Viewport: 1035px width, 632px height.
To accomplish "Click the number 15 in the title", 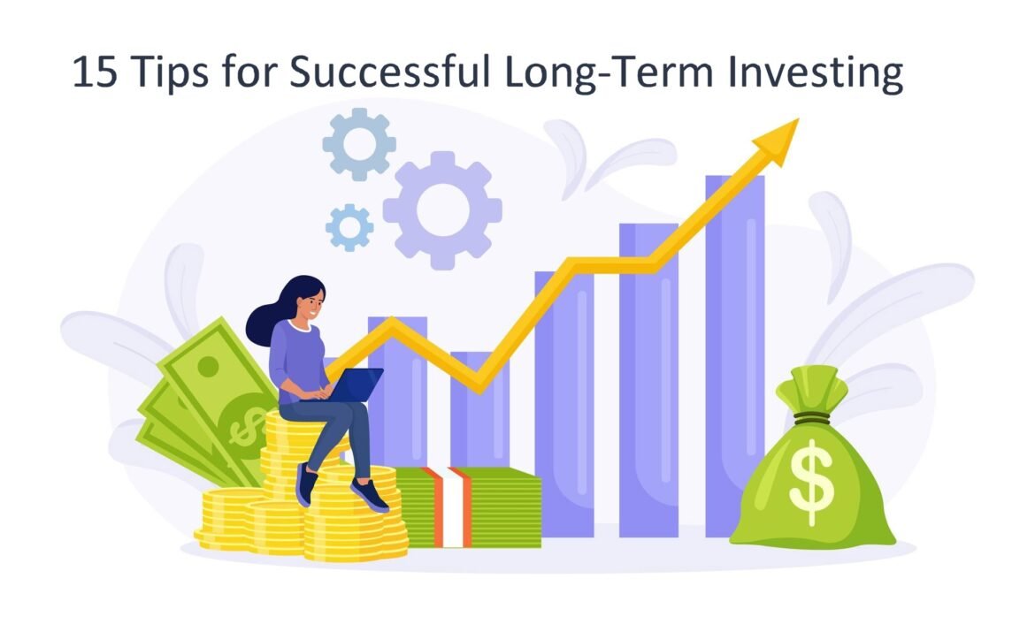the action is [95, 72].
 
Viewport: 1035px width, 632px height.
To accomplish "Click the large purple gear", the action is [442, 210].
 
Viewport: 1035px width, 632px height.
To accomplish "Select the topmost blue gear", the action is [359, 144].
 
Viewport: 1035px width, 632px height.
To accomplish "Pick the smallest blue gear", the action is [349, 227].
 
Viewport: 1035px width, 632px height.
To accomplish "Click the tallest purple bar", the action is [734, 356].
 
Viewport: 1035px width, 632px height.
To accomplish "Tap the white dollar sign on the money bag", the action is [811, 482].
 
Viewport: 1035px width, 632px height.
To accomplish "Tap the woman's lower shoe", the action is [370, 495].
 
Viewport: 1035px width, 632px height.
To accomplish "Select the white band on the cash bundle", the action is [453, 506].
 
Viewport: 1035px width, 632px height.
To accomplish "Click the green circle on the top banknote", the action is [209, 366].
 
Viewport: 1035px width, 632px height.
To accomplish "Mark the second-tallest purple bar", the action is [648, 380].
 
